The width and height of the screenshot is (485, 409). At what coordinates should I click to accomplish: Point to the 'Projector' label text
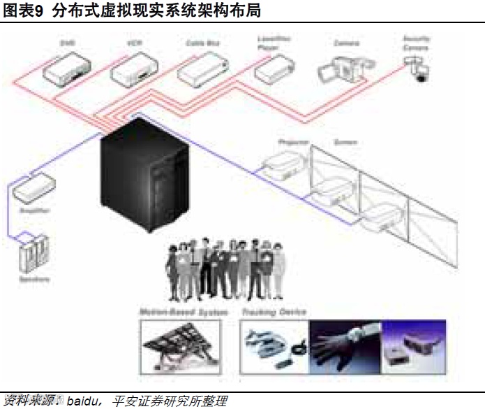pos(293,143)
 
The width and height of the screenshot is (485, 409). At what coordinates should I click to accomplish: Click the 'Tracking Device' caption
pos(274,312)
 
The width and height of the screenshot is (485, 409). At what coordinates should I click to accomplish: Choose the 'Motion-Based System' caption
pos(184,312)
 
